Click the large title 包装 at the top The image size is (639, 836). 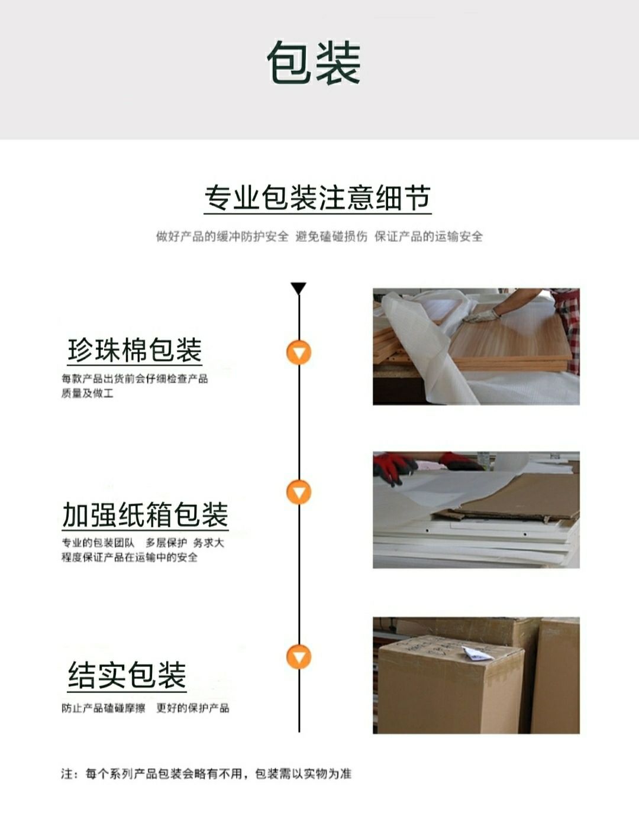tap(313, 62)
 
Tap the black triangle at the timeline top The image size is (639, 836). tap(298, 288)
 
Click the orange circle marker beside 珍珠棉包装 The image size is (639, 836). tap(299, 352)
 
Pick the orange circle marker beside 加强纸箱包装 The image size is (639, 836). tap(299, 492)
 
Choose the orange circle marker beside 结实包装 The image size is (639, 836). tap(299, 657)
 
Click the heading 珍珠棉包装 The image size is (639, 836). tap(134, 349)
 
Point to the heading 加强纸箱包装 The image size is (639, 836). tap(145, 514)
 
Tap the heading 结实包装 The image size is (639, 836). tap(127, 675)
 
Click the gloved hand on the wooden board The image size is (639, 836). tap(482, 316)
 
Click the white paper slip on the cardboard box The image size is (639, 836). tap(476, 653)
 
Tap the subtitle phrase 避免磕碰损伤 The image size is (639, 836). tap(331, 236)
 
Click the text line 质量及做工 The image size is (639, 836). tap(87, 393)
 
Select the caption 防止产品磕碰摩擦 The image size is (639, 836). tap(104, 708)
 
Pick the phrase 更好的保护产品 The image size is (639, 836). tap(193, 708)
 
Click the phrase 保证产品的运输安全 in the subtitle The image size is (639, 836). tap(428, 236)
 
